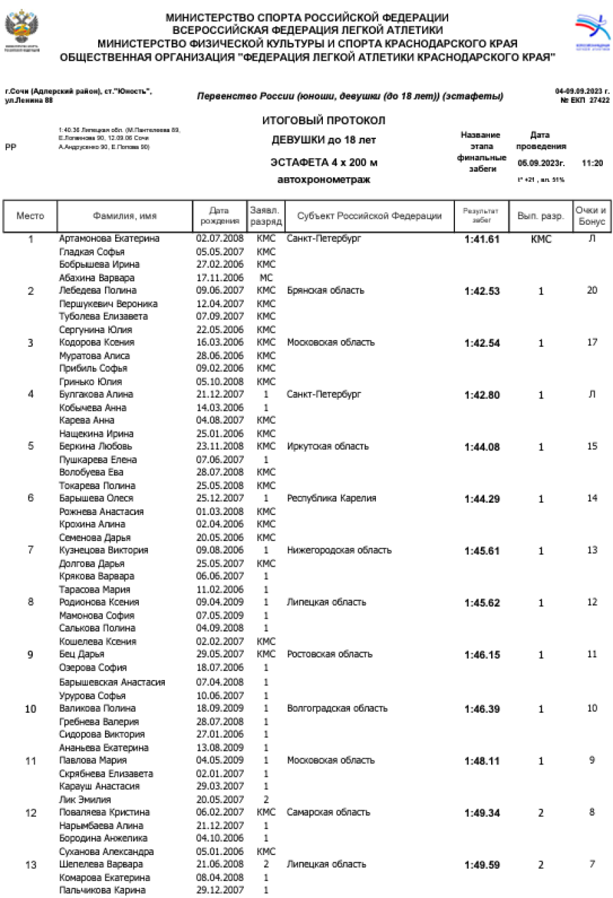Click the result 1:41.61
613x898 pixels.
pyautogui.click(x=482, y=239)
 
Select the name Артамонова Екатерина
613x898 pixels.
pyautogui.click(x=109, y=238)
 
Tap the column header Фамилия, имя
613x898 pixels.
pyautogui.click(x=125, y=216)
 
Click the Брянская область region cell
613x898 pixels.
pyautogui.click(x=326, y=290)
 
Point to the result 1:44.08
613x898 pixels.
pyautogui.click(x=482, y=447)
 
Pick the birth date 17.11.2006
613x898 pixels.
pyautogui.click(x=219, y=277)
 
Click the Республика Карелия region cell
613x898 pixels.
pyautogui.click(x=331, y=498)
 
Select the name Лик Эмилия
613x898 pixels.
pyautogui.click(x=85, y=799)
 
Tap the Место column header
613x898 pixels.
pyautogui.click(x=30, y=216)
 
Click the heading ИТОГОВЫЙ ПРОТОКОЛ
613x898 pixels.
pyautogui.click(x=324, y=121)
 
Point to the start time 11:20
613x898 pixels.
pyautogui.click(x=592, y=164)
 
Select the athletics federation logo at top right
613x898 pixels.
pyautogui.click(x=593, y=31)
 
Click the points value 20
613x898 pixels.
pyautogui.click(x=592, y=290)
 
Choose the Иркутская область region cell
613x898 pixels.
pyautogui.click(x=328, y=446)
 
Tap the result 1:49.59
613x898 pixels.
pyautogui.click(x=482, y=865)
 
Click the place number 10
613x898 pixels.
pyautogui.click(x=31, y=709)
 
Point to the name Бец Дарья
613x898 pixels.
pyautogui.click(x=82, y=654)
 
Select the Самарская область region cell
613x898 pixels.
pyautogui.click(x=328, y=812)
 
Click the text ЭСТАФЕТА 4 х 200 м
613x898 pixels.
pyautogui.click(x=324, y=163)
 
